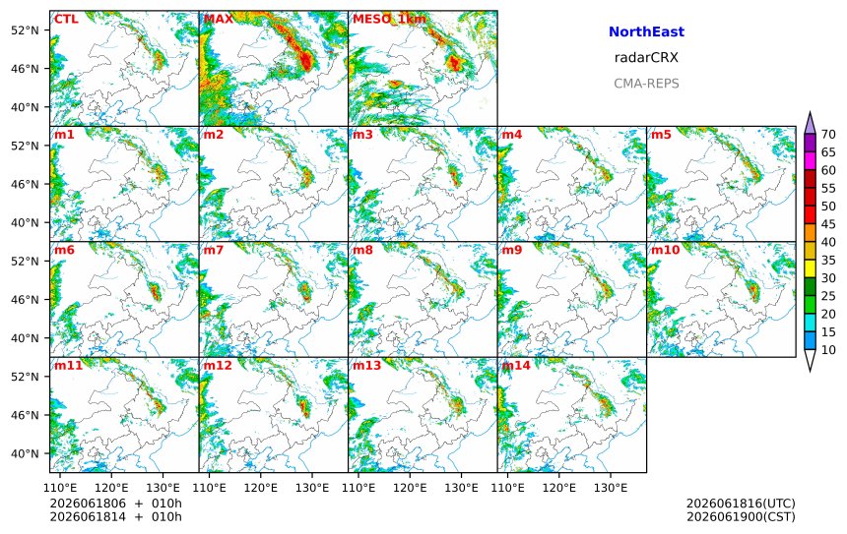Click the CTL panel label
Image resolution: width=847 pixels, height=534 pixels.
point(66,19)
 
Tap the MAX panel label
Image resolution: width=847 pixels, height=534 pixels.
point(219,19)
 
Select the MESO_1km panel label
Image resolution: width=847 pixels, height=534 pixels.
point(389,20)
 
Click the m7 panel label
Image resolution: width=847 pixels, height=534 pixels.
point(214,250)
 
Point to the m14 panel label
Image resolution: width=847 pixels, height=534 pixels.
point(516,365)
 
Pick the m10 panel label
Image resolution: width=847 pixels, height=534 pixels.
point(665,250)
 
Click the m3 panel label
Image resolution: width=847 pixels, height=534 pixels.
point(362,135)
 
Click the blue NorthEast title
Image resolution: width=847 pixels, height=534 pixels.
point(646,31)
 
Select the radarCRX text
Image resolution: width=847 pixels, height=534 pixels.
point(646,58)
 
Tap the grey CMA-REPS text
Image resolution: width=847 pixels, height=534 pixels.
point(646,84)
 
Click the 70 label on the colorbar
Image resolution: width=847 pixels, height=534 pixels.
point(828,135)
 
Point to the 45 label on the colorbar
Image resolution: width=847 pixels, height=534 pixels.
point(828,224)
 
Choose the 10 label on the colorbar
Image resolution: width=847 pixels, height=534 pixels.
point(828,350)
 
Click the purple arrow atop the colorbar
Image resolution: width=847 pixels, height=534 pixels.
point(810,123)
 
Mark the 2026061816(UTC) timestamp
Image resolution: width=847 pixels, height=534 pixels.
point(741,504)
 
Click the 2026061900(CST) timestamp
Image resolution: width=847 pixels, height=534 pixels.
point(741,516)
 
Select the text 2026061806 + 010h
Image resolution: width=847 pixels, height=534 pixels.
point(115,504)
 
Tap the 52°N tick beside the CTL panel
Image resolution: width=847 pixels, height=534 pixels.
point(25,30)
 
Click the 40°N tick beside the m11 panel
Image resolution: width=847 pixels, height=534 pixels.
point(25,453)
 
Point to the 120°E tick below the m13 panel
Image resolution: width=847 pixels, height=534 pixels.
point(410,488)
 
